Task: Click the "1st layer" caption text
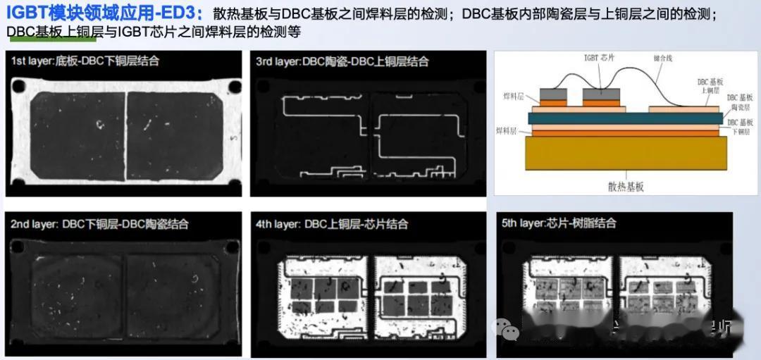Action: click(85, 61)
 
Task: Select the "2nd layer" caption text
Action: click(99, 224)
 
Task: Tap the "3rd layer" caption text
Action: click(342, 61)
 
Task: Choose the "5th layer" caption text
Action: click(559, 223)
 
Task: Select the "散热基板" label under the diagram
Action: click(626, 187)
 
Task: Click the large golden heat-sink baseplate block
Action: click(626, 153)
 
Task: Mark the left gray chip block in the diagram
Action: click(554, 94)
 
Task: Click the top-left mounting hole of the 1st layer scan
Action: click(17, 88)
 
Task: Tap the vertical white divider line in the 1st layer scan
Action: click(125, 134)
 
